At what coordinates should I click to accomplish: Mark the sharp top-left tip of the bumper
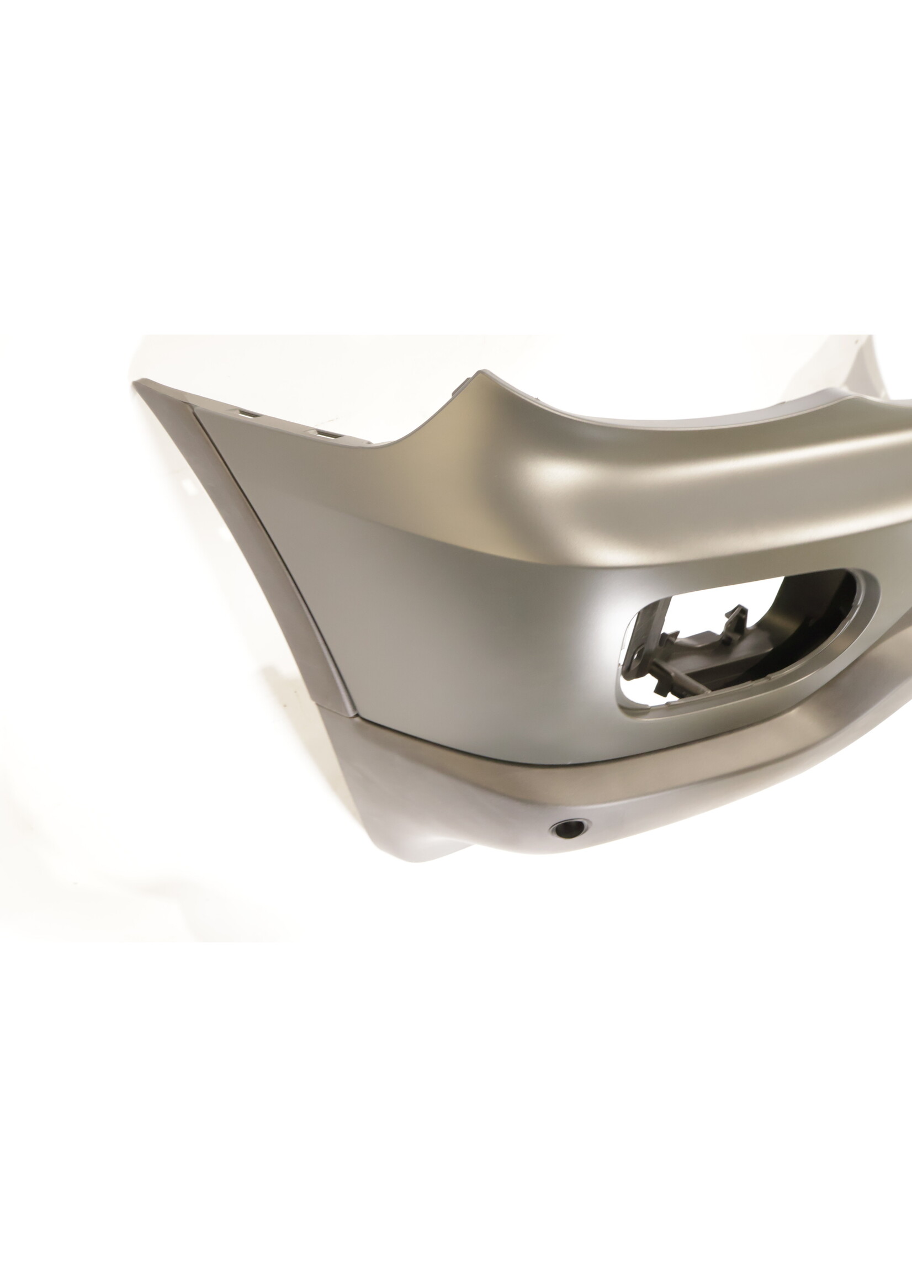(x=136, y=383)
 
